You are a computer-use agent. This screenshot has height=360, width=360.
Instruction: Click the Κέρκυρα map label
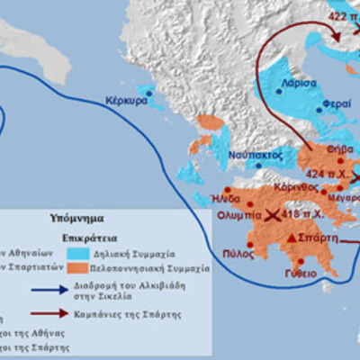(126, 101)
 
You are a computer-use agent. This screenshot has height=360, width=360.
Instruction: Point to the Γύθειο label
(301, 271)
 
